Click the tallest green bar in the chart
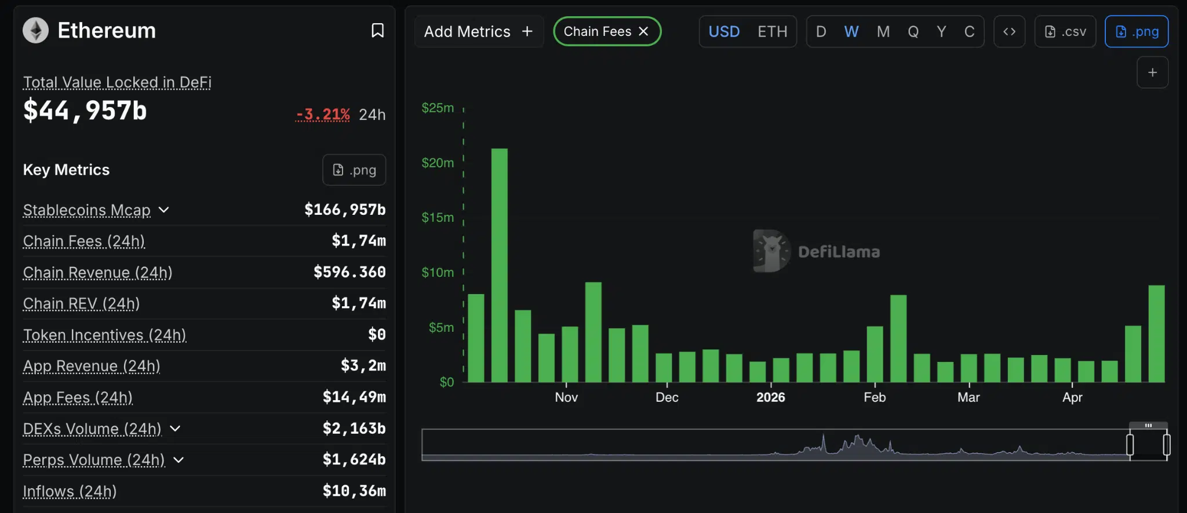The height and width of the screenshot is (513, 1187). click(499, 265)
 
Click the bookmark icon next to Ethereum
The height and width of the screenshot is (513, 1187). click(377, 31)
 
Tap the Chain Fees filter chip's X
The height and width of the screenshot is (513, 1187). click(643, 31)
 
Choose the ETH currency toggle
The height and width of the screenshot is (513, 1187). click(772, 31)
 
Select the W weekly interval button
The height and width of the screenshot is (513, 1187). click(851, 31)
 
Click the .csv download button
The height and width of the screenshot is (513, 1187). click(1065, 31)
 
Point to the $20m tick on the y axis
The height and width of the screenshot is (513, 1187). click(438, 163)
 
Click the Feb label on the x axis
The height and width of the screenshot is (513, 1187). click(874, 397)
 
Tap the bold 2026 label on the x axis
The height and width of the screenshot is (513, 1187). click(770, 397)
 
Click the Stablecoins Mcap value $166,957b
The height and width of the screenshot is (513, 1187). click(345, 210)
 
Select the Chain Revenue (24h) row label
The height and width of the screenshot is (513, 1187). click(97, 272)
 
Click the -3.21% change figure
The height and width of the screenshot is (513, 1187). click(323, 114)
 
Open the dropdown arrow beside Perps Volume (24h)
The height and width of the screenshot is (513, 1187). click(179, 460)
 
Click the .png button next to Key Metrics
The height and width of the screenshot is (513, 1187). click(354, 170)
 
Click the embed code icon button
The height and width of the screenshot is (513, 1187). click(1009, 31)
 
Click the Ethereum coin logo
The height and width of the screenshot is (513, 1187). click(35, 31)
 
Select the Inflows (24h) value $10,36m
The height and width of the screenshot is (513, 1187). click(354, 491)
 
